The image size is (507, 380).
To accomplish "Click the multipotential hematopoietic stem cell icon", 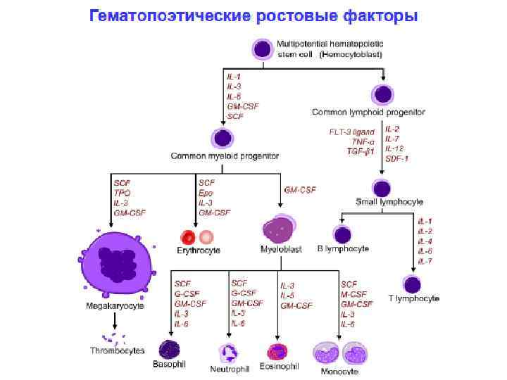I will click(262, 49).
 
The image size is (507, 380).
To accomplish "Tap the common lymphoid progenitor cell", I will click(383, 94).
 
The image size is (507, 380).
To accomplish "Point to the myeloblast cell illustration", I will click(276, 229).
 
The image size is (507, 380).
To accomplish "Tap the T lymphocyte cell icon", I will click(412, 284).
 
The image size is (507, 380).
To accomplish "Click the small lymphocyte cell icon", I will click(382, 188).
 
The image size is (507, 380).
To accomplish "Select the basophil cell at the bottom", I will click(169, 349).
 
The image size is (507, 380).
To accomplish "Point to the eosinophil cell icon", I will click(277, 351).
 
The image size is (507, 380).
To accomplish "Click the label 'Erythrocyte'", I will click(199, 251).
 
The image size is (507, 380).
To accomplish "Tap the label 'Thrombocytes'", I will click(117, 350).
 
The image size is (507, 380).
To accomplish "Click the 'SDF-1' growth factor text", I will click(396, 158).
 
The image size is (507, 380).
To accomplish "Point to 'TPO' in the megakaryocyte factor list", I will click(122, 192).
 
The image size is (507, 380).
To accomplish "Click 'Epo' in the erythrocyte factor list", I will click(205, 192).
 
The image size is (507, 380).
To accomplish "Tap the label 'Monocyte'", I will click(339, 371).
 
